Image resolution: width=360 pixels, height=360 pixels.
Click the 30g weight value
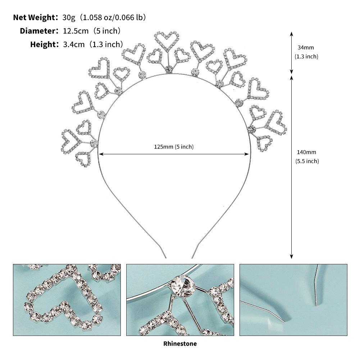[x=69, y=18]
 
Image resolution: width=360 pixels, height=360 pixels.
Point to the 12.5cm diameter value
[x=76, y=31]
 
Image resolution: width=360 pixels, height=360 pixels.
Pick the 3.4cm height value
[x=74, y=44]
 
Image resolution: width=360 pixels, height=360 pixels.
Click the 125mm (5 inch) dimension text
[x=174, y=147]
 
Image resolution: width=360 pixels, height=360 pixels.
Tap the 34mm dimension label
[x=306, y=47]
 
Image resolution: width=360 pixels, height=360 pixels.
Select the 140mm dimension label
[x=306, y=152]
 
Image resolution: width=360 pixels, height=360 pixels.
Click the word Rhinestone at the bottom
[x=180, y=344]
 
